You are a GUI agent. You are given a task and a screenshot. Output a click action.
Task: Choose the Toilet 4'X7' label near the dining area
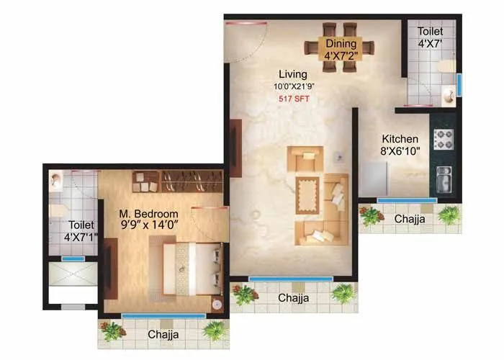pyautogui.click(x=430, y=38)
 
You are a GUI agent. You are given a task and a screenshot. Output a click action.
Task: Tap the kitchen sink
pyautogui.click(x=444, y=179)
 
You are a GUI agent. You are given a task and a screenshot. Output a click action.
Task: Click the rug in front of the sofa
pyautogui.click(x=310, y=193)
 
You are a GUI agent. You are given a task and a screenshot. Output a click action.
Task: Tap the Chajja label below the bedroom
pyautogui.click(x=164, y=335)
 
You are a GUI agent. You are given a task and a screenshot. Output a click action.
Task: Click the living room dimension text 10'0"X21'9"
pyautogui.click(x=294, y=86)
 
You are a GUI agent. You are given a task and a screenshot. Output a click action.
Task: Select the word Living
pyautogui.click(x=294, y=74)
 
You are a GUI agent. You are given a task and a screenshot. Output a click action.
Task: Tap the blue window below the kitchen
pyautogui.click(x=407, y=200)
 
